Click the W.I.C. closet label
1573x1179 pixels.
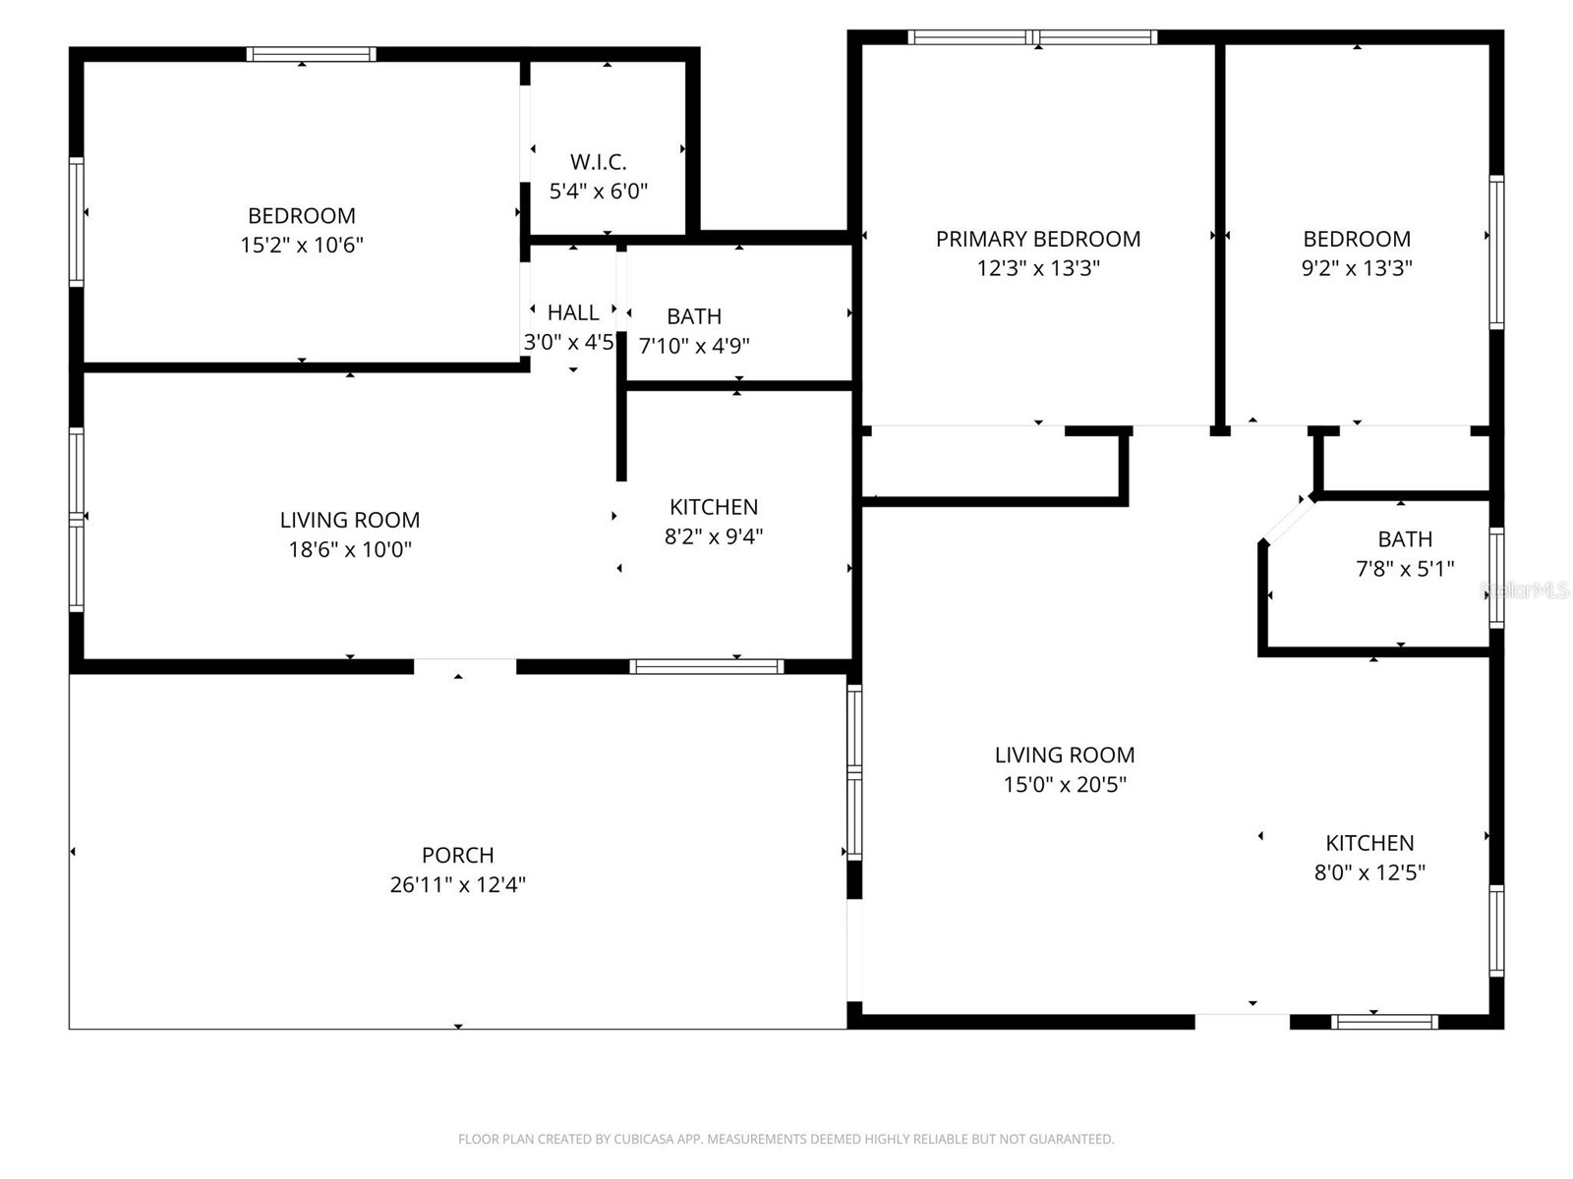(x=598, y=162)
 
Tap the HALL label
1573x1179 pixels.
(x=572, y=312)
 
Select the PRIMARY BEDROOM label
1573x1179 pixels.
(x=1037, y=239)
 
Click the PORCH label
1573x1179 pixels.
(x=457, y=855)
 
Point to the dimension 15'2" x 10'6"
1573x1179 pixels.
(x=302, y=245)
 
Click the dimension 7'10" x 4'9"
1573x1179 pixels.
(x=694, y=346)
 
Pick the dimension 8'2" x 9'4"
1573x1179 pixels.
(x=713, y=536)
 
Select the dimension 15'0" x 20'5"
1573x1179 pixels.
(x=1064, y=785)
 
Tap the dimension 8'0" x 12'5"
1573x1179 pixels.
(x=1369, y=872)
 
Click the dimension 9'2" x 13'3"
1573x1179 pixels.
(x=1356, y=267)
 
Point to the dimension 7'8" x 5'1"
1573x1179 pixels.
(x=1405, y=569)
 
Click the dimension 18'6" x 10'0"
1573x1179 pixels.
(x=350, y=549)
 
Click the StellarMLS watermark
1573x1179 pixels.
(x=1524, y=589)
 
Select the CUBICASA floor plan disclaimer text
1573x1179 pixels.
(x=786, y=1139)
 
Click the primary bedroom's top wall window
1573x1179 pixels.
(x=1032, y=37)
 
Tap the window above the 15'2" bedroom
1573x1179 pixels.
(x=311, y=54)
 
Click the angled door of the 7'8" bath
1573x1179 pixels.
(x=1288, y=519)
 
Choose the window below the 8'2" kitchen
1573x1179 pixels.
(x=707, y=666)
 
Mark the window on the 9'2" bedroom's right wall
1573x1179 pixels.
(x=1496, y=252)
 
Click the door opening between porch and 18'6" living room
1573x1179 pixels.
(x=464, y=666)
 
